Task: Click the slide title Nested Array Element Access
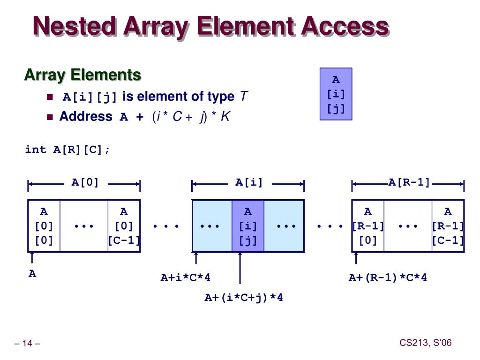[210, 26]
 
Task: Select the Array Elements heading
[82, 75]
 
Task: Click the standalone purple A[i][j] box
[336, 94]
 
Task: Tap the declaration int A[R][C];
[68, 150]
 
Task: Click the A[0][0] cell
[44, 226]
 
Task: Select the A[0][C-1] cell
[124, 226]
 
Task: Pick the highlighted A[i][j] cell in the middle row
[248, 226]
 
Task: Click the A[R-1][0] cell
[368, 226]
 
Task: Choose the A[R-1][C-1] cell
[448, 226]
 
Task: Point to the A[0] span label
[85, 182]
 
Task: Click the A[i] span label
[249, 182]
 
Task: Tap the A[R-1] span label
[409, 182]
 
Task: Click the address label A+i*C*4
[186, 277]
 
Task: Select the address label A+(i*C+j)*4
[244, 298]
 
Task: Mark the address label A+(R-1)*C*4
[388, 277]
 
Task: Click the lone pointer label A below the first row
[32, 274]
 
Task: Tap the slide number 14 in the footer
[28, 344]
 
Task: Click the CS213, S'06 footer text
[425, 343]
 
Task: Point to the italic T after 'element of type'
[243, 97]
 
